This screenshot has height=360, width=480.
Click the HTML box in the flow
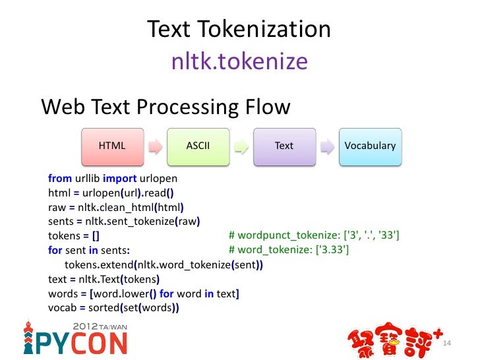coord(112,146)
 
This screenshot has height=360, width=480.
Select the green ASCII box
coord(198,146)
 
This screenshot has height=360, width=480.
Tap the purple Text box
coord(284,146)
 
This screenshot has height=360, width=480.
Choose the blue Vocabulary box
coord(370,146)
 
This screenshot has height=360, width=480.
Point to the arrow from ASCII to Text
coord(241,146)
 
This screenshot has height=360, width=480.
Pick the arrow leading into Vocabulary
coord(327,146)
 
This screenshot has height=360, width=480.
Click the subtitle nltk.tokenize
coord(239,61)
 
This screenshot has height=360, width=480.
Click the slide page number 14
coord(447,344)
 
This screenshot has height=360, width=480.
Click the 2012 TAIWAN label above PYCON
coord(100,326)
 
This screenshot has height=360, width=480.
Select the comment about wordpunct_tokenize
coord(314,235)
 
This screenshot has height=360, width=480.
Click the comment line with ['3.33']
coord(289,250)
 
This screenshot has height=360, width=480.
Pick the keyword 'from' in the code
coord(60,178)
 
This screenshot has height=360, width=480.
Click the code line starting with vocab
coord(114,308)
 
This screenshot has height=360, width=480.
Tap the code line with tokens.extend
coord(164,265)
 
